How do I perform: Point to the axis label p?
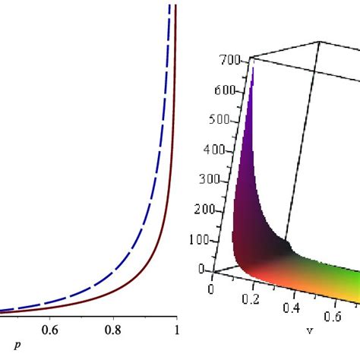coord(17,346)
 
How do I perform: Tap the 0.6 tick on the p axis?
coord(50,330)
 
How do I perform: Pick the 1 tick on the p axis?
coord(176,330)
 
